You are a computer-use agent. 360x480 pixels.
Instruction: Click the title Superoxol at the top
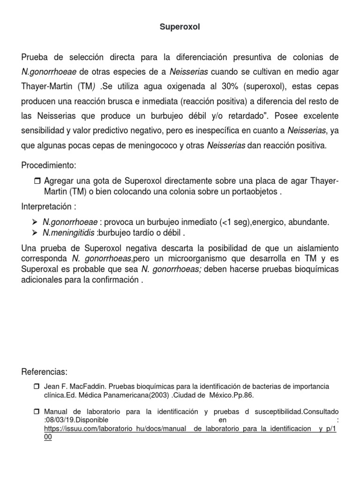tap(180, 27)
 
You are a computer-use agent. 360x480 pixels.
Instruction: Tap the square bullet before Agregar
tap(38, 181)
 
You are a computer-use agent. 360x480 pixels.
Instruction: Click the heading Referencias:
tap(45, 372)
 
